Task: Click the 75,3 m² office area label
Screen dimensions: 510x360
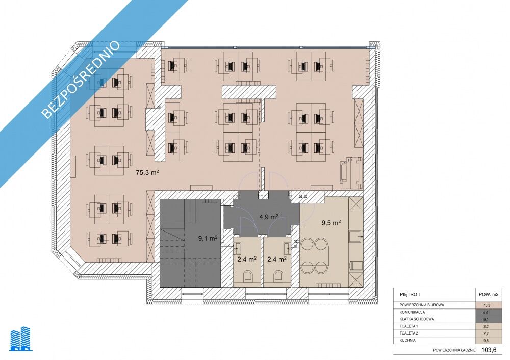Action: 147,172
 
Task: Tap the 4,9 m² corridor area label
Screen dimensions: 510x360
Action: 268,217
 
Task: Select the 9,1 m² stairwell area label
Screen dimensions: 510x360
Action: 208,238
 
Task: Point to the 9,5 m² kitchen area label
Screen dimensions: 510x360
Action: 331,223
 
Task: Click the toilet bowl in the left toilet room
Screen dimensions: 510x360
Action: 248,276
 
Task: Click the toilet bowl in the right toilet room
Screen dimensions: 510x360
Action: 278,276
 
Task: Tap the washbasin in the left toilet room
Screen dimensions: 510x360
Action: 238,248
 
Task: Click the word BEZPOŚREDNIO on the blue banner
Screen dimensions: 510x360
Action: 81,80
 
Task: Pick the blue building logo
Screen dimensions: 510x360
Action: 21,340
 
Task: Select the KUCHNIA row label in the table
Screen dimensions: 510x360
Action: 407,340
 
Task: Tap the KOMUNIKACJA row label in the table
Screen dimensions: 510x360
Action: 412,312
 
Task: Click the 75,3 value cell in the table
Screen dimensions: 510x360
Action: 487,305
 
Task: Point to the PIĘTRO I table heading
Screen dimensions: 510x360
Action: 410,294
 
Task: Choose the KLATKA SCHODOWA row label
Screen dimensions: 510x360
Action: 417,319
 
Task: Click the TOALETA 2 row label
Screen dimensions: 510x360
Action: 409,333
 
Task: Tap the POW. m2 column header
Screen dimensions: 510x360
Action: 489,294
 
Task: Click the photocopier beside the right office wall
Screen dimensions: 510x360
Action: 351,172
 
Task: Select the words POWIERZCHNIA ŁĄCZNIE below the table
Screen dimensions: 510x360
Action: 454,350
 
